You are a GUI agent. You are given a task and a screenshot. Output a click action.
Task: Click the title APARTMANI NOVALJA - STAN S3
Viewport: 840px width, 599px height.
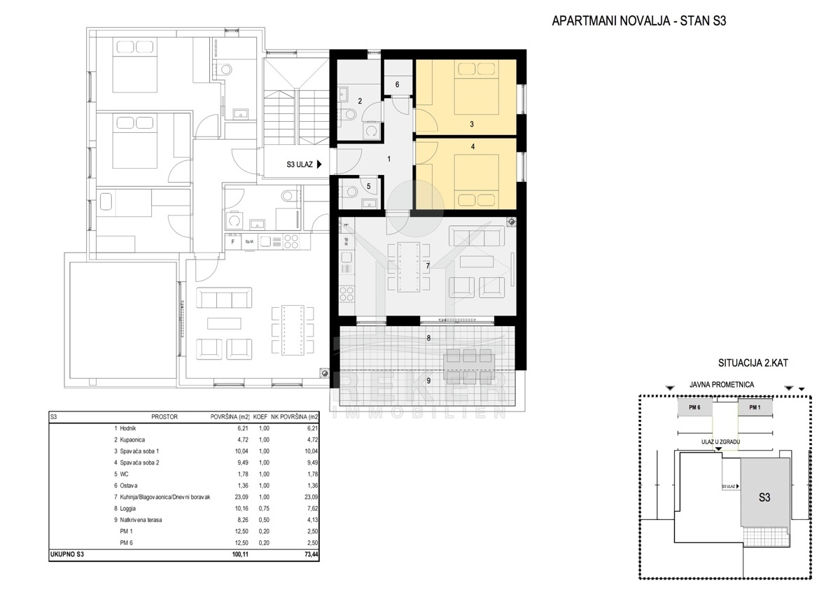[639, 20]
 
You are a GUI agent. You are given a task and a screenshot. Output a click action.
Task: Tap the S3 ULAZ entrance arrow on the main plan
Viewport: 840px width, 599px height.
[319, 164]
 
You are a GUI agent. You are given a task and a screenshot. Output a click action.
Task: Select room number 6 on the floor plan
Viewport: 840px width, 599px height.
[397, 85]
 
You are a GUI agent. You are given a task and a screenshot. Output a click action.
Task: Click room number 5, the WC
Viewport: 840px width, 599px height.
[369, 186]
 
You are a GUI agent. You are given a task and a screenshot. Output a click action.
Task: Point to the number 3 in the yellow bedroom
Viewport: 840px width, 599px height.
[472, 124]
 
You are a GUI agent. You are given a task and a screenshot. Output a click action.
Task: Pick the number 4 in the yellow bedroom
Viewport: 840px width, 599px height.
[473, 146]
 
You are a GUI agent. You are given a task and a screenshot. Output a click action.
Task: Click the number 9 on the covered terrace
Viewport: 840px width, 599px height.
[428, 381]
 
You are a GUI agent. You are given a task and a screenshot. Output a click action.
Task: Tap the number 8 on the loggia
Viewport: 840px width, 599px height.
[428, 338]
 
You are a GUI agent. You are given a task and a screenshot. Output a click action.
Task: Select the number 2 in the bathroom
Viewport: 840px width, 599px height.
[360, 101]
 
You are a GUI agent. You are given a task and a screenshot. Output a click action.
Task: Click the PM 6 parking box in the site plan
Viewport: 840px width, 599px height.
[695, 407]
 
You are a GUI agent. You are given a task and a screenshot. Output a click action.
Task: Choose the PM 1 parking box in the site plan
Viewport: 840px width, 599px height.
[755, 407]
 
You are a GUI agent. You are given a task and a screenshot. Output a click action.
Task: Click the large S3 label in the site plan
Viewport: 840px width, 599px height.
[764, 498]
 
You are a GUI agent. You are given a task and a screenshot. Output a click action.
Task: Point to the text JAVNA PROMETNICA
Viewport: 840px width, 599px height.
[722, 385]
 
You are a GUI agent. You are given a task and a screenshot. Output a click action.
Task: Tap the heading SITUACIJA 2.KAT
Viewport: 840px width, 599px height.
[753, 363]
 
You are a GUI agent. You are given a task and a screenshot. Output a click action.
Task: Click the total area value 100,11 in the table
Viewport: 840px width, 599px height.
[240, 554]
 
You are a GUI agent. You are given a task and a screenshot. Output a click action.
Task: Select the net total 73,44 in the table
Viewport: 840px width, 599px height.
[311, 554]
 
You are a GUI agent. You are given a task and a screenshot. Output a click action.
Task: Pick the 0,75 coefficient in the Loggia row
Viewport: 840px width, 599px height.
[264, 509]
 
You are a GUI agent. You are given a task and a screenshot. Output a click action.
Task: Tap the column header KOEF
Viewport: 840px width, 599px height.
[260, 417]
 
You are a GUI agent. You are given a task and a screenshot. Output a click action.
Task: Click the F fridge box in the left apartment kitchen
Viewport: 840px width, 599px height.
[233, 242]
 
